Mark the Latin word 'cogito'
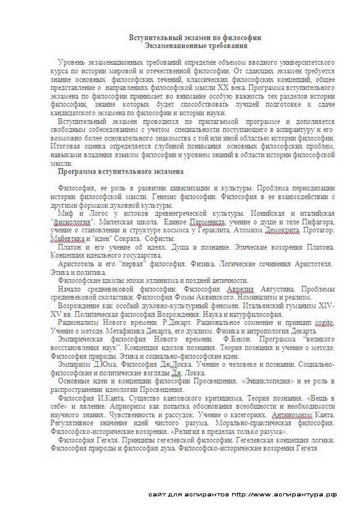[320, 323]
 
